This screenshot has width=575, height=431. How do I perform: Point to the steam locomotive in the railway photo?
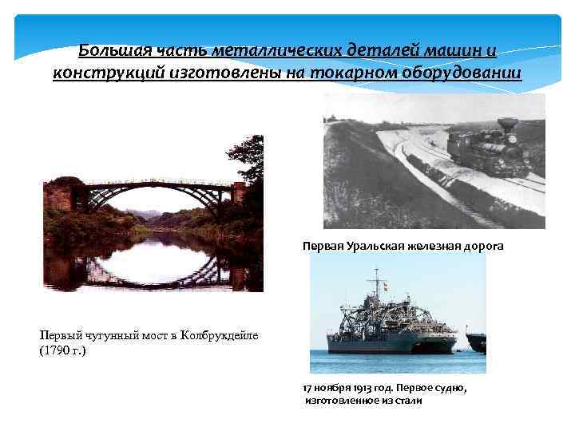(x=488, y=152)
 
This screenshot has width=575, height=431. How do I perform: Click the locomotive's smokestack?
(x=506, y=125)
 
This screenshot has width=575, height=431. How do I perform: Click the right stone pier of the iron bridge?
(x=238, y=192)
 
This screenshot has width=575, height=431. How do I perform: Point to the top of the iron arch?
(x=156, y=184)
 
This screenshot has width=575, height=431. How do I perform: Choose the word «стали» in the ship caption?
(x=406, y=400)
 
